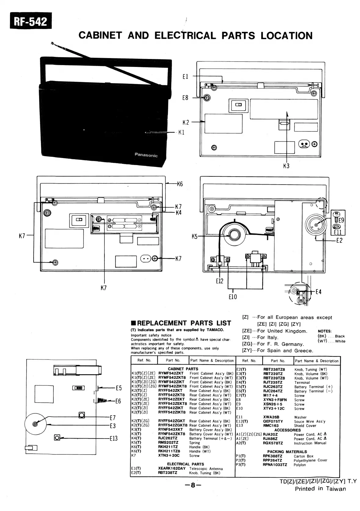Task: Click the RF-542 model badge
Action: (x=31, y=21)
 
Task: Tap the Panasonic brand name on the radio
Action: (x=146, y=155)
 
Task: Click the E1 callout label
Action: (x=185, y=77)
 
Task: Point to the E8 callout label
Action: (x=185, y=98)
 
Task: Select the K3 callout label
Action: (x=286, y=166)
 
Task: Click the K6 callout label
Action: (x=180, y=184)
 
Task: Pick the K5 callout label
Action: (x=195, y=236)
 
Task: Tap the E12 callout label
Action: (x=220, y=281)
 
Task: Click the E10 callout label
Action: (x=233, y=296)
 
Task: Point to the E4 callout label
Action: (x=318, y=292)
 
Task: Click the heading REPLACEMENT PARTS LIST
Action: (x=181, y=323)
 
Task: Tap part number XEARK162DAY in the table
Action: (x=172, y=469)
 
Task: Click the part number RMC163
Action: (x=271, y=425)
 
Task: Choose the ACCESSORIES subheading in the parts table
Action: (x=287, y=430)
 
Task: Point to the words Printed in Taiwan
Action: (x=320, y=488)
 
